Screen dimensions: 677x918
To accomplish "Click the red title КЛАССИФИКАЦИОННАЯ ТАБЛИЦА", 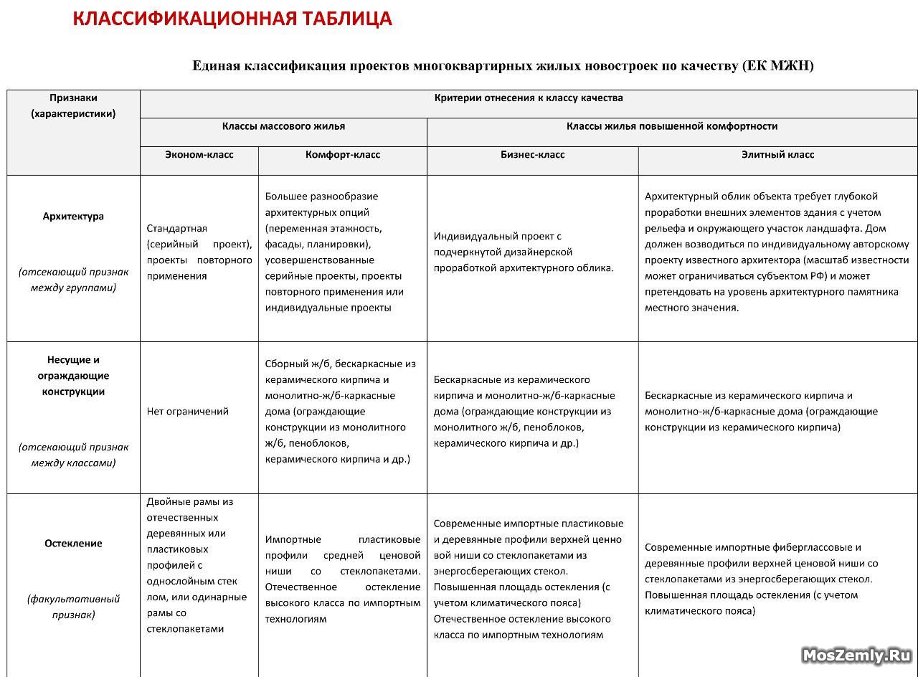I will click(232, 19).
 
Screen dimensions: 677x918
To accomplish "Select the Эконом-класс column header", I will click(199, 155).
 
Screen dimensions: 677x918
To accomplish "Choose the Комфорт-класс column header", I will click(343, 155).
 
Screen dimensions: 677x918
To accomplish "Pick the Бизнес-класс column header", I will click(532, 155).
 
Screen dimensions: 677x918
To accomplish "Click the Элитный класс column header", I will click(777, 155).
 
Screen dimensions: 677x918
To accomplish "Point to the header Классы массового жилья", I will click(283, 126).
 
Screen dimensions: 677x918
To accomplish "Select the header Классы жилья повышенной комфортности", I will click(672, 126).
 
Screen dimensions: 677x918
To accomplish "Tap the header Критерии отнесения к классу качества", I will click(529, 98).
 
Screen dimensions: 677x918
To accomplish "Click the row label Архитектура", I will click(73, 217).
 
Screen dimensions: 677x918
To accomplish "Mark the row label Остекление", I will click(73, 544).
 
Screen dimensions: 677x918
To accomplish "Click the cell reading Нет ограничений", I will click(188, 412).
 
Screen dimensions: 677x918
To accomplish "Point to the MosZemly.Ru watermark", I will click(856, 655).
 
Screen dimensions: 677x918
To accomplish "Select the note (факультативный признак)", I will click(73, 607).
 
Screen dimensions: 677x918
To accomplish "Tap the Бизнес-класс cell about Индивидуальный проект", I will click(524, 252).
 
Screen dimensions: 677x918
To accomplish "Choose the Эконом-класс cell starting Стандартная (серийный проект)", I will click(199, 252).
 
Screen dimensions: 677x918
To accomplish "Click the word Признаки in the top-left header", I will click(73, 98).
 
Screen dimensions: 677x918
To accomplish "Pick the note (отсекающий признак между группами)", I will click(73, 280).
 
